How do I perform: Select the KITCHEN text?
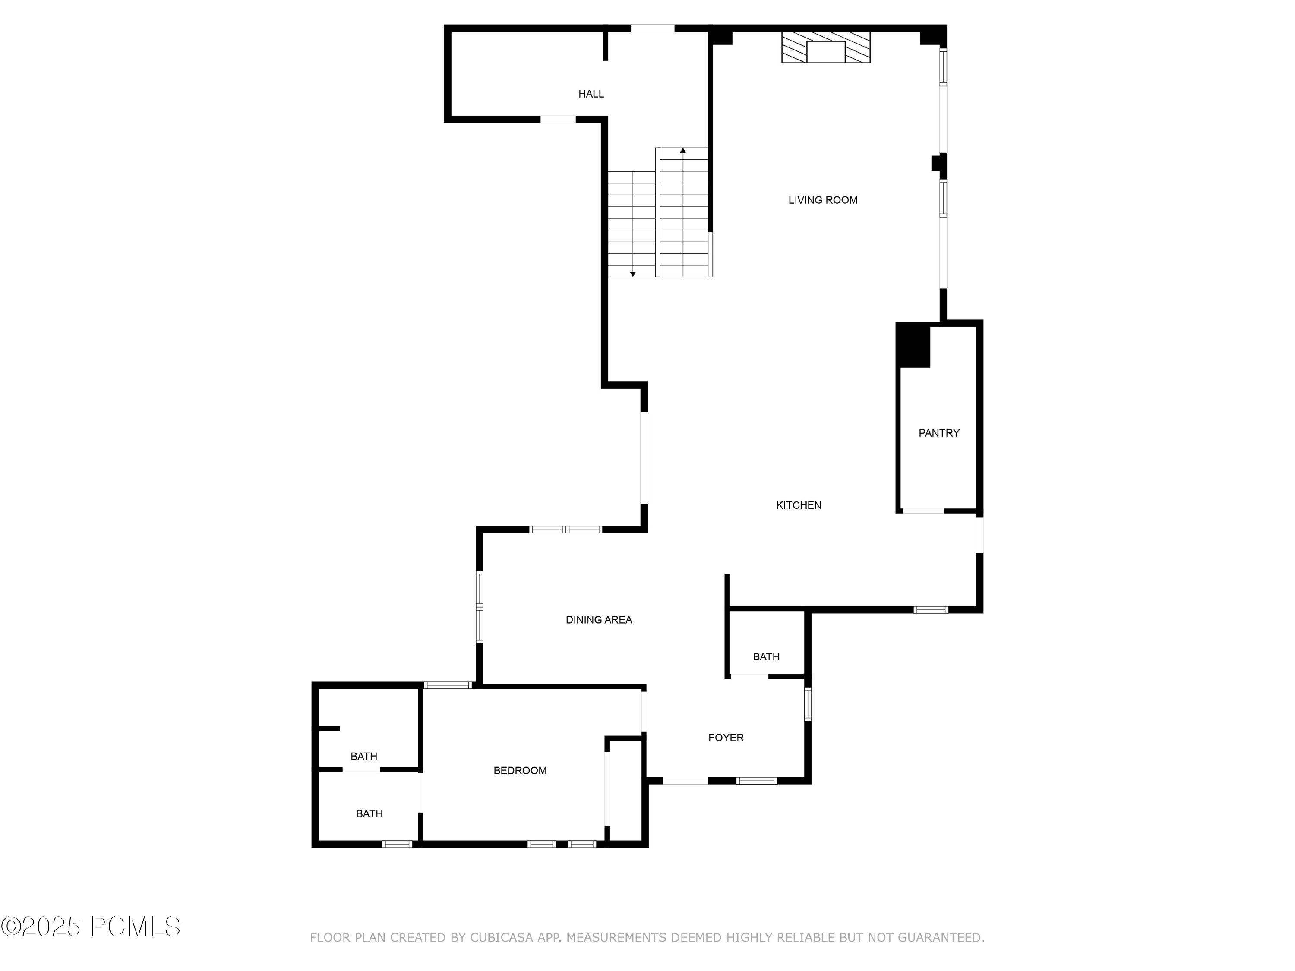(799, 505)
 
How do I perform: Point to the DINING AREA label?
(598, 620)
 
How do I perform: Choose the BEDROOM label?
(520, 771)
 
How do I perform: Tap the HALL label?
(591, 94)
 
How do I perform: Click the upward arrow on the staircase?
(682, 151)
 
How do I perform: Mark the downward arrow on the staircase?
(633, 274)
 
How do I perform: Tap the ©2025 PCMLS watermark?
(91, 927)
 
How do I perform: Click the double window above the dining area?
(565, 530)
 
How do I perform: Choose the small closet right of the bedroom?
(626, 790)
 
